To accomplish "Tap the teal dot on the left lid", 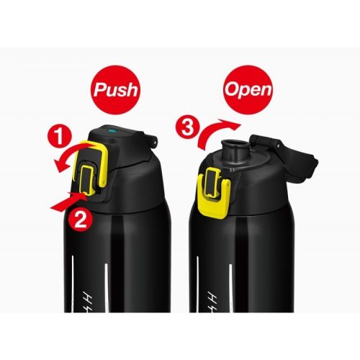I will pyautogui.click(x=112, y=131).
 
